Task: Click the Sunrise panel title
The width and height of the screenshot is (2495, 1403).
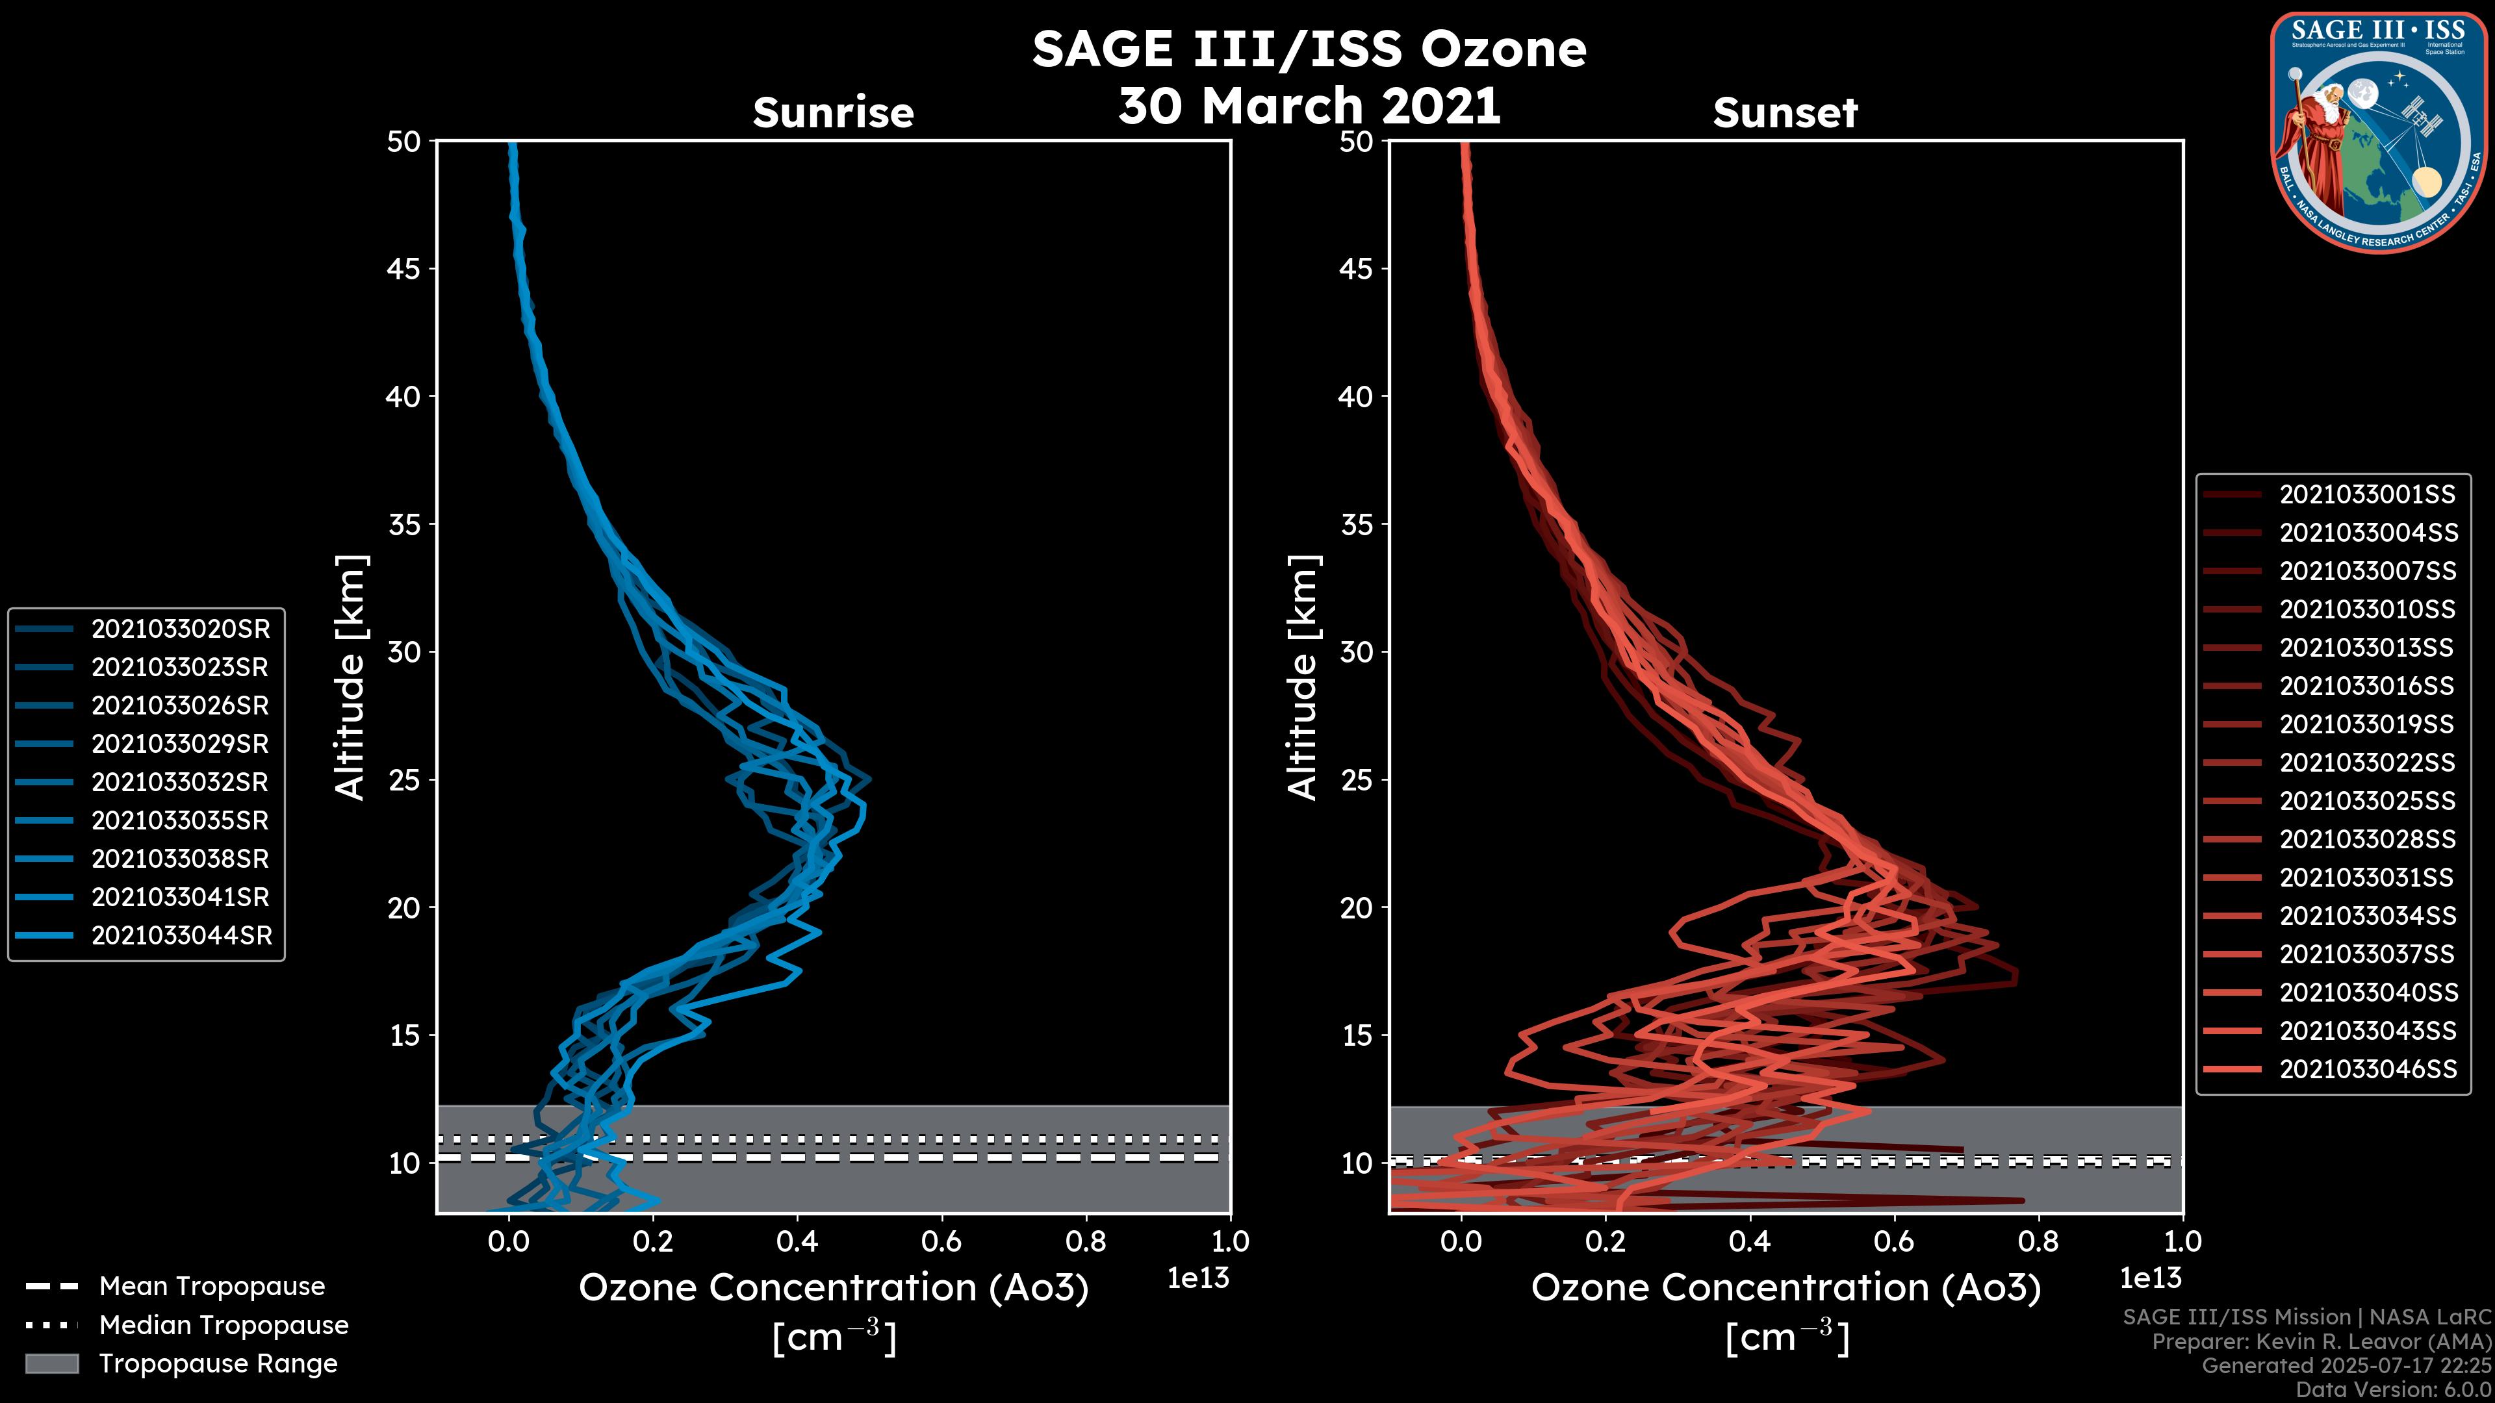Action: (x=833, y=112)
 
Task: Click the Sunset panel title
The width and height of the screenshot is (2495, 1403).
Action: (x=1785, y=112)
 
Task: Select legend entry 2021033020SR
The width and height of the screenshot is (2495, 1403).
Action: (x=180, y=629)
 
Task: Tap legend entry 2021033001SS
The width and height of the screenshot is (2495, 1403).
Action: (x=2367, y=495)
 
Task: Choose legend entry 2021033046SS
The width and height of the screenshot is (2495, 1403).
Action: (x=2367, y=1069)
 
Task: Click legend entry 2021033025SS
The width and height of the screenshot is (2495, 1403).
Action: (x=2367, y=801)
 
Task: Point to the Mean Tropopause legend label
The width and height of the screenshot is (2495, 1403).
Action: (x=212, y=1286)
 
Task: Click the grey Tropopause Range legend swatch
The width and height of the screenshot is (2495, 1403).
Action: (x=51, y=1363)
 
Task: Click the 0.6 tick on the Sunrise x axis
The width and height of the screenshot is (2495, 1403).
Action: (x=941, y=1241)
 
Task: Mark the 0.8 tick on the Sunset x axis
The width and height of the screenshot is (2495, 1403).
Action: (x=2038, y=1241)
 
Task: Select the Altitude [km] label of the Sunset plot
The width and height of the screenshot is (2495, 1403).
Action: (x=1303, y=677)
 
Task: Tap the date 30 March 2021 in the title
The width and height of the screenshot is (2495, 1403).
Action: (x=1309, y=105)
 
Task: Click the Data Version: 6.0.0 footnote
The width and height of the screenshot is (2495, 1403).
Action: (x=2394, y=1391)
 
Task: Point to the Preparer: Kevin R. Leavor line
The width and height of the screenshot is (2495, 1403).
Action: (x=2321, y=1342)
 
